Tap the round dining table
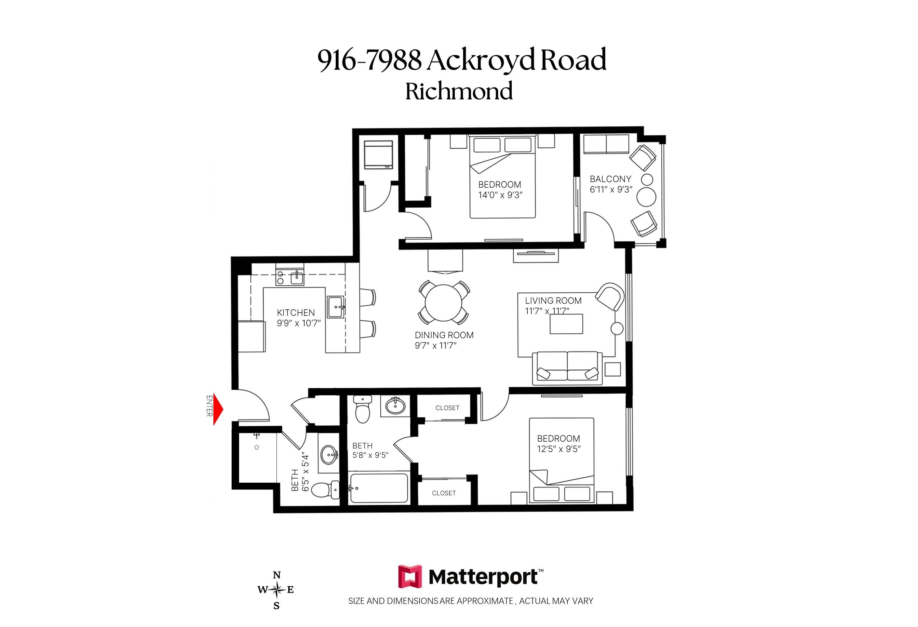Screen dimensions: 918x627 coord(444,303)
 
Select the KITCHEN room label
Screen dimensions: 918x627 coord(296,313)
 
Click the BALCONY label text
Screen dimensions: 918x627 coord(610,179)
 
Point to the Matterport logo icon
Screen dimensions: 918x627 coord(410,577)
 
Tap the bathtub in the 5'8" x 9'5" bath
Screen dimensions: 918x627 coord(379,488)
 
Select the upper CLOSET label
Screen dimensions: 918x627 coord(447,408)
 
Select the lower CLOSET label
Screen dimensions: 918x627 coord(444,493)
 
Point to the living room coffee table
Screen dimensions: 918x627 coord(566,324)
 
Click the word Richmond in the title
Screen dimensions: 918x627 coord(459,91)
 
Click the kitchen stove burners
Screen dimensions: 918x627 coord(280,278)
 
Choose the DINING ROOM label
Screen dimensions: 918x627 coord(444,335)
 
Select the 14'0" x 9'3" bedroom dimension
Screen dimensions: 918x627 coord(500,195)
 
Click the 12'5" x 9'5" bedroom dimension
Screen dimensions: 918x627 coord(559,449)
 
